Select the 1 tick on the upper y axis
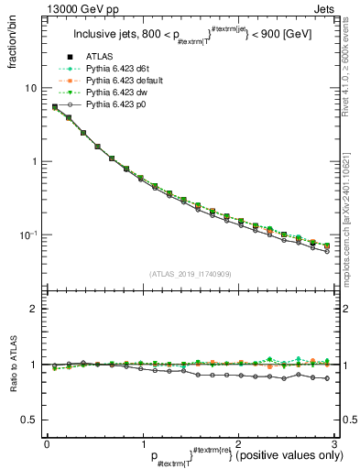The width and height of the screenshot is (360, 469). pyautogui.click(x=33, y=161)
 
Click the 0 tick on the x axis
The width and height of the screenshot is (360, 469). pyautogui.click(x=47, y=442)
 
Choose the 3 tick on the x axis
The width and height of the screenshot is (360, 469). pyautogui.click(x=335, y=442)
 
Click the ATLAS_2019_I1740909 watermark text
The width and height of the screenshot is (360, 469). pyautogui.click(x=191, y=273)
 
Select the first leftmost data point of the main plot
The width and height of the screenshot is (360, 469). pyautogui.click(x=55, y=107)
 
